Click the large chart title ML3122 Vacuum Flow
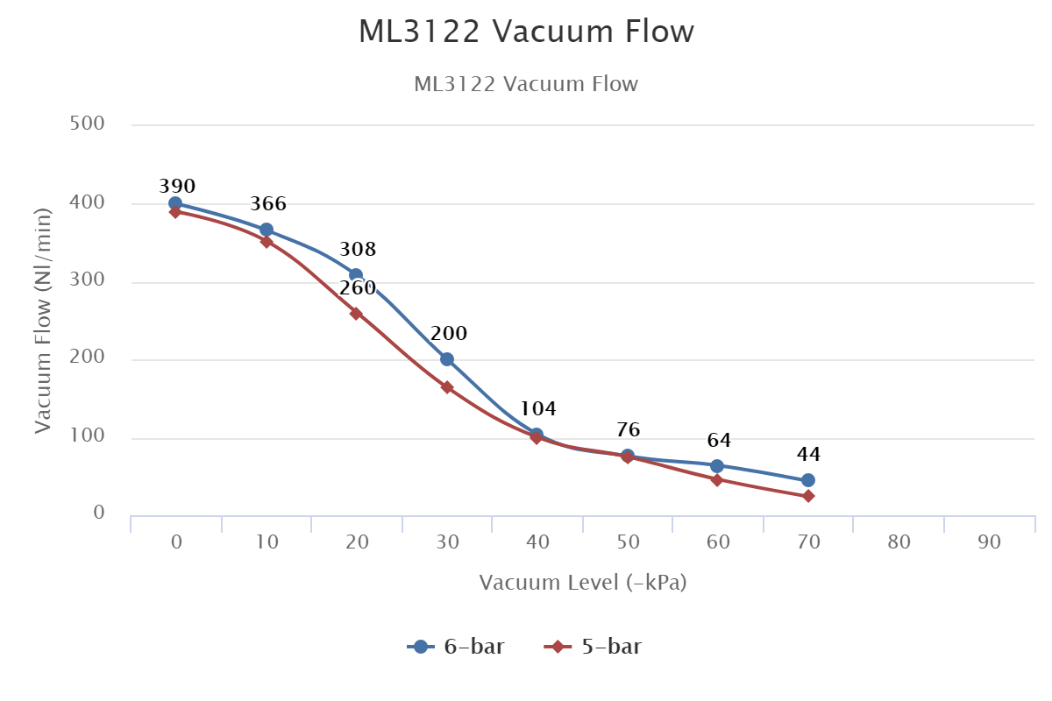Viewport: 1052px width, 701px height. point(526,32)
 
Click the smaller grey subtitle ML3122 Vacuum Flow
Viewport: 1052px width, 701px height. point(526,85)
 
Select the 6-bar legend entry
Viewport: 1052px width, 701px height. point(456,648)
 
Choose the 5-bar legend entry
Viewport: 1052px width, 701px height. point(594,648)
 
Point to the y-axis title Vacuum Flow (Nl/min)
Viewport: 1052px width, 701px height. point(44,320)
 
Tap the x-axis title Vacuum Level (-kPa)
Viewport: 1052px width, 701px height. point(582,583)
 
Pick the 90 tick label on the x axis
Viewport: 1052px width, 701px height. point(989,542)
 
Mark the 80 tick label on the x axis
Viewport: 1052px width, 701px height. point(899,542)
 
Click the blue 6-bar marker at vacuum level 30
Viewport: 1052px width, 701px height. point(447,359)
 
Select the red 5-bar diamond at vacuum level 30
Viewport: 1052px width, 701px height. point(447,387)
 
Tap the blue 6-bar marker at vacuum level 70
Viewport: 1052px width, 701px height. point(808,480)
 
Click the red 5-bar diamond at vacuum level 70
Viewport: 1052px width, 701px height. point(808,496)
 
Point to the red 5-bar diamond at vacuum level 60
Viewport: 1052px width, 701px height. point(717,479)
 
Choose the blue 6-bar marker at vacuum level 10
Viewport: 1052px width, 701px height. point(267,230)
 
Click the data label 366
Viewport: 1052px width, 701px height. point(268,204)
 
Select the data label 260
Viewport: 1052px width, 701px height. point(358,288)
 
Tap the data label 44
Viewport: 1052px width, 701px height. point(808,455)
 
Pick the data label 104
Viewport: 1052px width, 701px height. point(538,409)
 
